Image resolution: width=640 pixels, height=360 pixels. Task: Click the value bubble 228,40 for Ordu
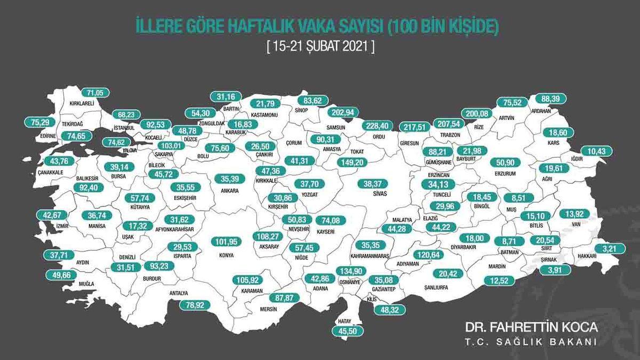tap(377, 126)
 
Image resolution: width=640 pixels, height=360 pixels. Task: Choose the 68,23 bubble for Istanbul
tap(126, 114)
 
